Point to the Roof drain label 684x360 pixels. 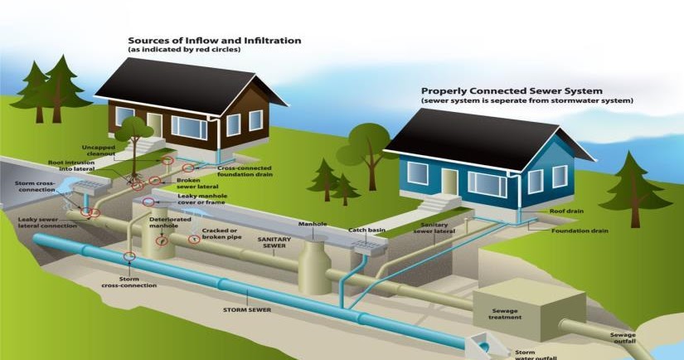click(566, 212)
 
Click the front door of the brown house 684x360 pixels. click(154, 125)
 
